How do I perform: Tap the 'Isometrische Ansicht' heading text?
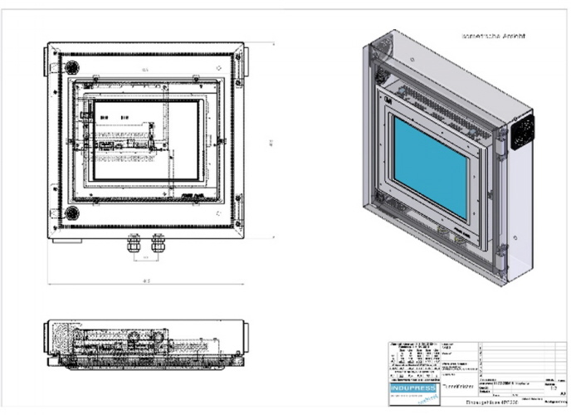(x=495, y=37)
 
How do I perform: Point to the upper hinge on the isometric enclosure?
(x=500, y=137)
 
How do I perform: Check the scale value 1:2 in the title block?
(x=554, y=387)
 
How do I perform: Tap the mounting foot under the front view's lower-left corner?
(x=66, y=242)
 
